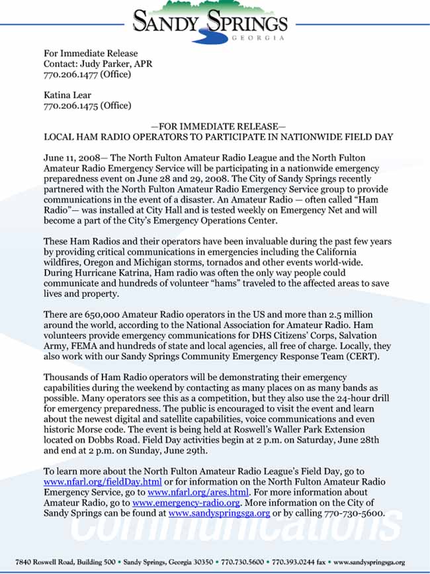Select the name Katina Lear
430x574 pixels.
(67, 95)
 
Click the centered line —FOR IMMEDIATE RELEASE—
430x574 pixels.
(218, 126)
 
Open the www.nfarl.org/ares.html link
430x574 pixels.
(198, 492)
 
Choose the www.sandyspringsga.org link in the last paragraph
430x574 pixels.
(219, 513)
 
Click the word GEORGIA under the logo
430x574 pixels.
(258, 38)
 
